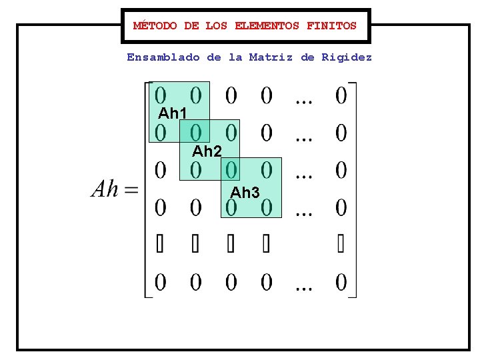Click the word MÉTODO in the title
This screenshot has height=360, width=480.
click(x=155, y=26)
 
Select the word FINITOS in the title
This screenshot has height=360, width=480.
click(x=331, y=26)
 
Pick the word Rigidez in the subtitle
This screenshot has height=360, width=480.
click(x=347, y=57)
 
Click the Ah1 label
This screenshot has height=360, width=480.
click(x=172, y=113)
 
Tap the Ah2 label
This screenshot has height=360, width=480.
click(x=207, y=151)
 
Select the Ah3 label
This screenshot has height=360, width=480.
click(x=245, y=193)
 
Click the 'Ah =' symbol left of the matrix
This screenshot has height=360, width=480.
click(x=114, y=190)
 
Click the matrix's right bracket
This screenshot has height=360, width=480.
click(x=353, y=190)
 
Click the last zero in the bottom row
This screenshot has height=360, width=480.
click(x=341, y=283)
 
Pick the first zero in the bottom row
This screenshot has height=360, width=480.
click(x=161, y=283)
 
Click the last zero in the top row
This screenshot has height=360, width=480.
click(x=341, y=95)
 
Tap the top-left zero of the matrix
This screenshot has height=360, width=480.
click(x=161, y=95)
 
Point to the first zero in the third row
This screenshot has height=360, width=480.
click(x=161, y=171)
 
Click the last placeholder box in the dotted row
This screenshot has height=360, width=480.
click(x=341, y=245)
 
